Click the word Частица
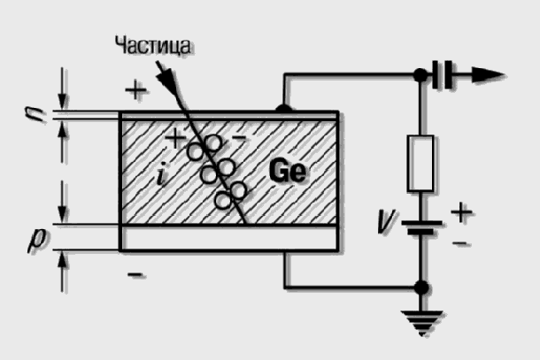(x=152, y=45)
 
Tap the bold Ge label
(x=287, y=171)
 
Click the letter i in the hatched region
(x=161, y=174)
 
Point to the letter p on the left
(x=38, y=241)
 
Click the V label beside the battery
(x=386, y=221)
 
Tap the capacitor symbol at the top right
(x=443, y=75)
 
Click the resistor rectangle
(x=420, y=163)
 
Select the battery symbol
(x=420, y=228)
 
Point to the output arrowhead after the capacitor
(x=488, y=75)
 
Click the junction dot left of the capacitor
(x=420, y=75)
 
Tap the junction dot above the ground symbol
(x=420, y=287)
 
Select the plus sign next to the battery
(x=461, y=212)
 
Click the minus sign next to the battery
(x=460, y=243)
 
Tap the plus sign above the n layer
(x=136, y=90)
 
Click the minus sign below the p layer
(x=136, y=275)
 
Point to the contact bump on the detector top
(x=284, y=109)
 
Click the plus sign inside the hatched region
(x=175, y=139)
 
